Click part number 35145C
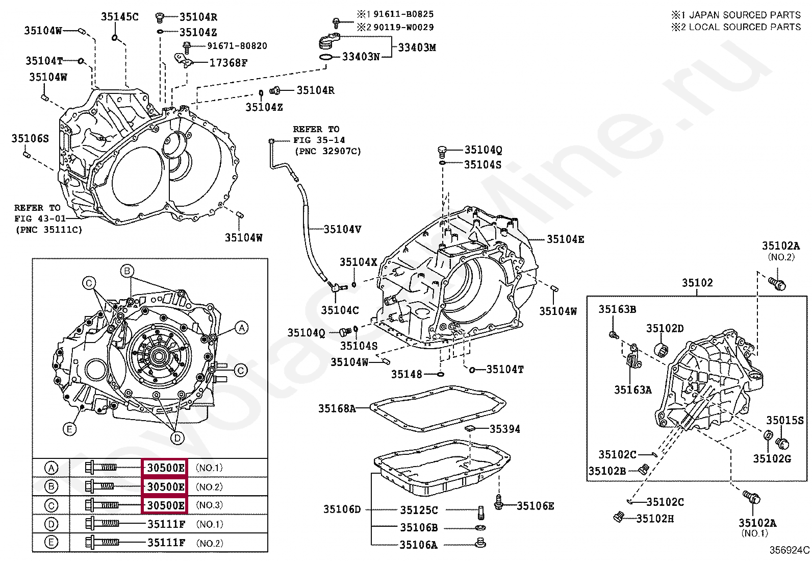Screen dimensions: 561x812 119,17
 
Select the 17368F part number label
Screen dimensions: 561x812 229,63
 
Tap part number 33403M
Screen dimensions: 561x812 417,47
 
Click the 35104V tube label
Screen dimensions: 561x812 342,229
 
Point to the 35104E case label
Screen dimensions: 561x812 565,239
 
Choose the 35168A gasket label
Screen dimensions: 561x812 337,408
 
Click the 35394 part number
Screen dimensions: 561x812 504,429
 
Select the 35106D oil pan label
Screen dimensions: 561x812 342,509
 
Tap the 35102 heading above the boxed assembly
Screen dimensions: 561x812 697,283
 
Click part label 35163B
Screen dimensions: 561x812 617,309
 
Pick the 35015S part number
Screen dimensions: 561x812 784,420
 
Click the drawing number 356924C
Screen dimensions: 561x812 789,550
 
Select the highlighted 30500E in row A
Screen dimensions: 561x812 165,468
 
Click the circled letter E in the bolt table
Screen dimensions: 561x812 51,542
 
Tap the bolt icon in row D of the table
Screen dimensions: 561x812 102,524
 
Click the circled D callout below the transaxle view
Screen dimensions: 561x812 177,437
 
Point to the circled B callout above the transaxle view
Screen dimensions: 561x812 127,271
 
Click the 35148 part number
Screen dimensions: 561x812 407,374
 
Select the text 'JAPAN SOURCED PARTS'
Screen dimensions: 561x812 745,15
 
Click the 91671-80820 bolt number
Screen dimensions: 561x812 237,46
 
